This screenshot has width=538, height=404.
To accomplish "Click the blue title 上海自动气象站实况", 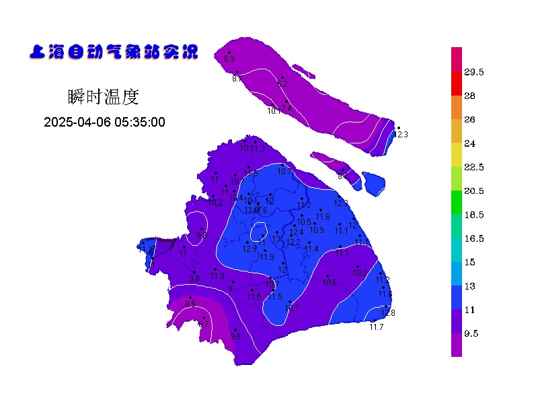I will coord(114,52).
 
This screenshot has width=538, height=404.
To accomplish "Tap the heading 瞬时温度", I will coord(104,97).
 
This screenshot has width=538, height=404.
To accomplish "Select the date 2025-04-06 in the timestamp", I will coord(75,122).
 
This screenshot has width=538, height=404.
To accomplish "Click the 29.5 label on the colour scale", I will coord(474,72).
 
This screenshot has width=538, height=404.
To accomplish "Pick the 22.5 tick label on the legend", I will coord(474,167).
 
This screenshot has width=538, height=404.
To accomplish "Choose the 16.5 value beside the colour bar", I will coord(474,238).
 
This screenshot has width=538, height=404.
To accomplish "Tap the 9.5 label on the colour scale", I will coord(471,333).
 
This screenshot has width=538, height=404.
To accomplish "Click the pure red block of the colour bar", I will coord(457,83).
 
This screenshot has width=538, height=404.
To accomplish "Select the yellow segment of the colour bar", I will coord(457,155).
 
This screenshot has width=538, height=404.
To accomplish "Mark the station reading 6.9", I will coord(229,60).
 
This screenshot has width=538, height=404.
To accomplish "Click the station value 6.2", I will coord(282,84).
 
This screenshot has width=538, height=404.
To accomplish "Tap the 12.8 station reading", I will coord(388,313).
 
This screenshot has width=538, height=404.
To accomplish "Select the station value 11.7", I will coord(377,327).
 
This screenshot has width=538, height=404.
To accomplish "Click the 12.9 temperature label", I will coord(249,249).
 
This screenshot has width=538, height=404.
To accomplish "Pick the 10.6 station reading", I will coord(330,283).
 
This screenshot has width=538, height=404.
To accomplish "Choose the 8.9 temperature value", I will coord(190,304).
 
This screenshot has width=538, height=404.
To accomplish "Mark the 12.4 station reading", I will coord(297,232).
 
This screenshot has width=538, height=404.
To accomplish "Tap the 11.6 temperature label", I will coord(323,217).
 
